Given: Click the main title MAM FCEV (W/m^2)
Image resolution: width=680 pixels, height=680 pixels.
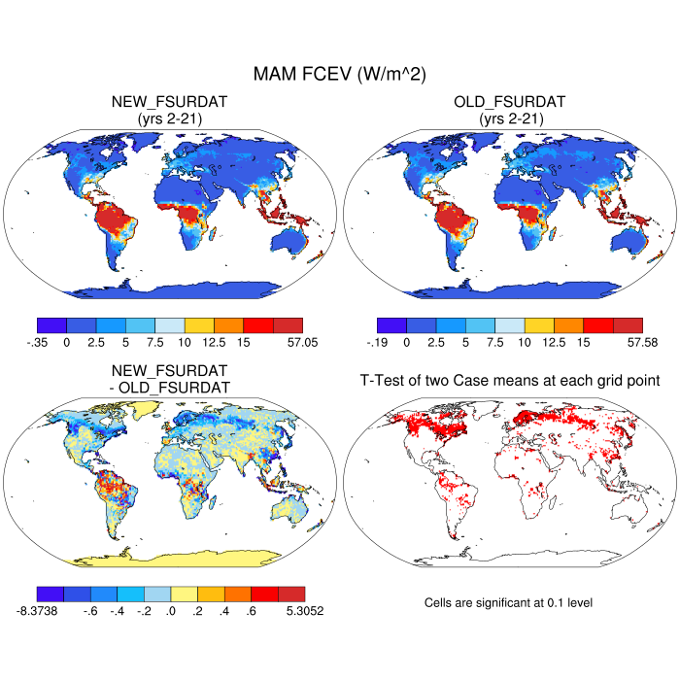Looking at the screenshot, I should tap(339, 74).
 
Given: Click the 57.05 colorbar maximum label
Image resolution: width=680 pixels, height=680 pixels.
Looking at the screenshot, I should tap(289, 342).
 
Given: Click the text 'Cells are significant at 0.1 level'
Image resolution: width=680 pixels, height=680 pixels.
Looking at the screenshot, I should tap(508, 603).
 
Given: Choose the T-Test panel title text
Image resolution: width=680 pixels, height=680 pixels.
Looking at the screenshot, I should tap(510, 381).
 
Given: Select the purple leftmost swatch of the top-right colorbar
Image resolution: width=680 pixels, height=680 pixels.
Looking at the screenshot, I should tap(391, 325).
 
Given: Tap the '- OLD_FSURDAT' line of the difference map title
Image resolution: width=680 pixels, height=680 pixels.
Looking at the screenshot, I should tap(170, 388).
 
